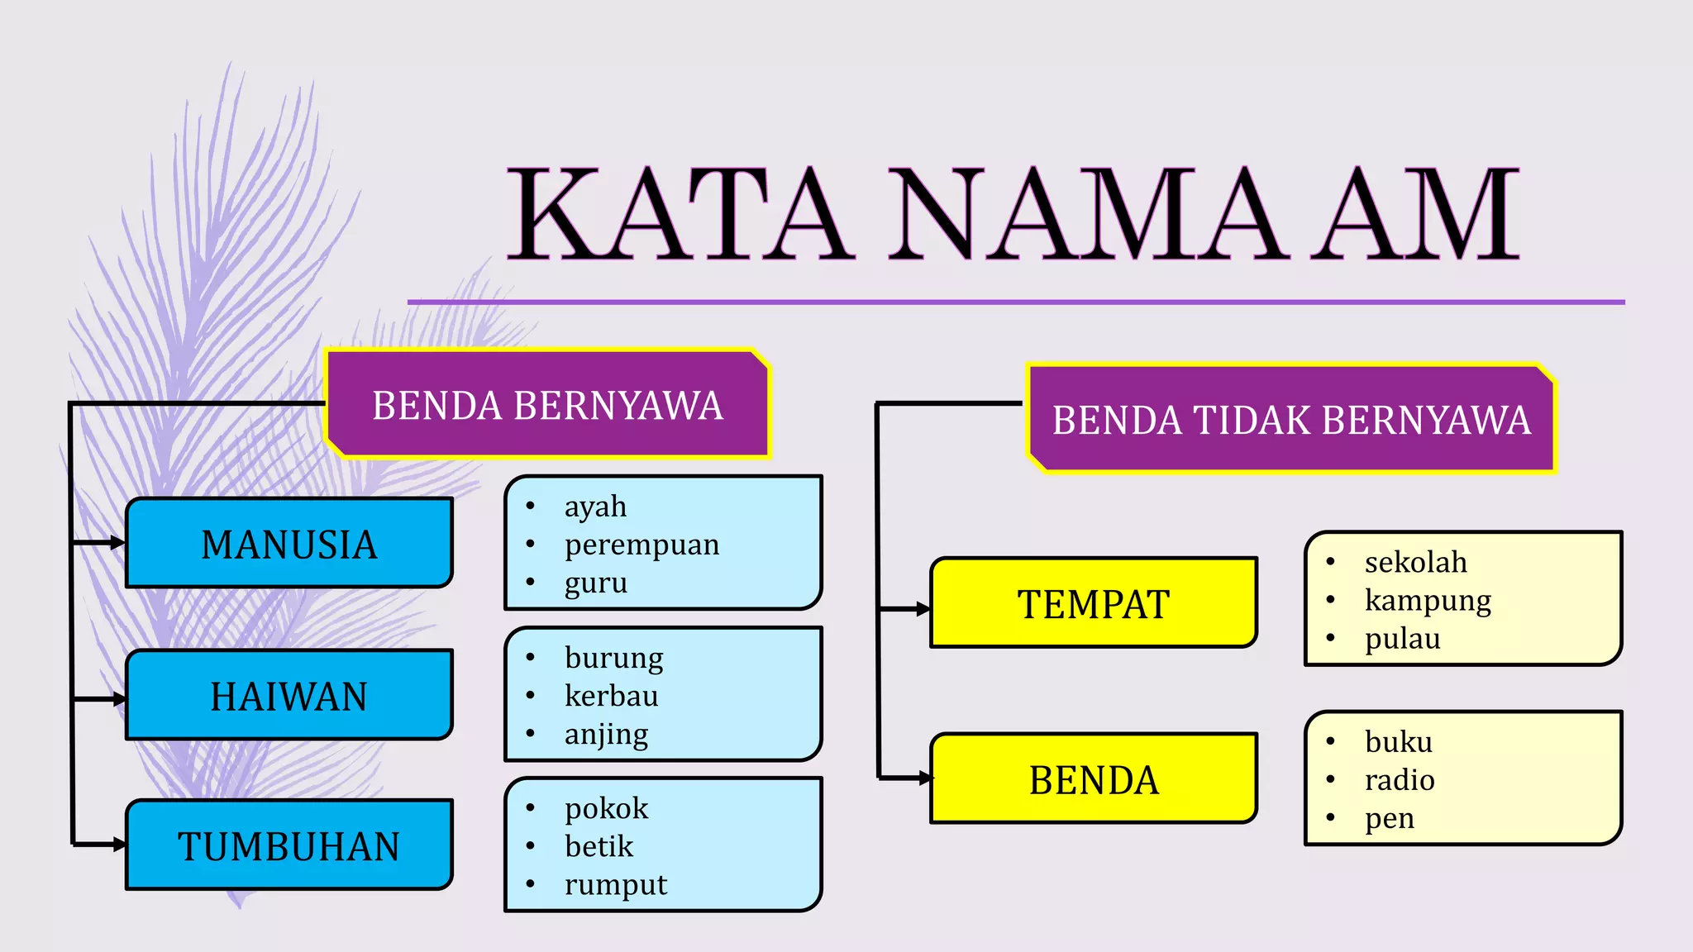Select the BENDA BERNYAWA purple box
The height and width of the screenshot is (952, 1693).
[547, 405]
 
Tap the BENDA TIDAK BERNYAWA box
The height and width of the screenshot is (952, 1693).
[1291, 419]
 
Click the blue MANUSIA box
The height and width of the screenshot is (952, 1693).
[289, 544]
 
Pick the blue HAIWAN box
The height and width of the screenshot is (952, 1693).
[289, 696]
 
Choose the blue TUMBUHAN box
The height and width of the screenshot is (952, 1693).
[289, 845]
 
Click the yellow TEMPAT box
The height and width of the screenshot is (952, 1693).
[1093, 603]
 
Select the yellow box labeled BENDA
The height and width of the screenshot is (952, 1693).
[1093, 779]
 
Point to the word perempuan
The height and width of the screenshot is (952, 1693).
[641, 545]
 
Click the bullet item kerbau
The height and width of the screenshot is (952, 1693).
[611, 696]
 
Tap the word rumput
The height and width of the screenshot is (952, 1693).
[615, 884]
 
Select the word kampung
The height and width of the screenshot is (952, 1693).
[1428, 601]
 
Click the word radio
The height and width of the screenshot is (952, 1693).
[1400, 779]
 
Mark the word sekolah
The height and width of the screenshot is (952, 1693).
[1415, 562]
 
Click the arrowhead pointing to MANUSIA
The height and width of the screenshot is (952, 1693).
[118, 543]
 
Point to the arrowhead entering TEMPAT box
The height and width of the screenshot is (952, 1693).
[923, 609]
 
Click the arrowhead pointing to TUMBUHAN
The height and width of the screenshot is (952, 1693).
[119, 845]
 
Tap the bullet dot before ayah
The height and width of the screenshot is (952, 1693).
[531, 506]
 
